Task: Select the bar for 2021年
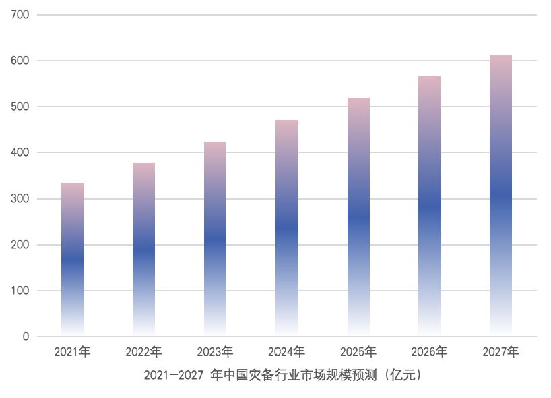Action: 73,260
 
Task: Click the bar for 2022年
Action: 143,250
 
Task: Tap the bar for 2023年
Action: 215,239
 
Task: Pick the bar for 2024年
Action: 286,229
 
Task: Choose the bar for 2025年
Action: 358,217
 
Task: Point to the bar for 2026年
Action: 429,206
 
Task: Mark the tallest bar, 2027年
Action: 500,196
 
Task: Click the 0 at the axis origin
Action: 26,337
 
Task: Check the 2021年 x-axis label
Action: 73,352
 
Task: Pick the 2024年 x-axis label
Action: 286,352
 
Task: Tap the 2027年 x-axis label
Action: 500,352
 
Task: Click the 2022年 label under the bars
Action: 143,352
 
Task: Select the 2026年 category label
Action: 429,352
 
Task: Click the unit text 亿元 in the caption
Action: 404,375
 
